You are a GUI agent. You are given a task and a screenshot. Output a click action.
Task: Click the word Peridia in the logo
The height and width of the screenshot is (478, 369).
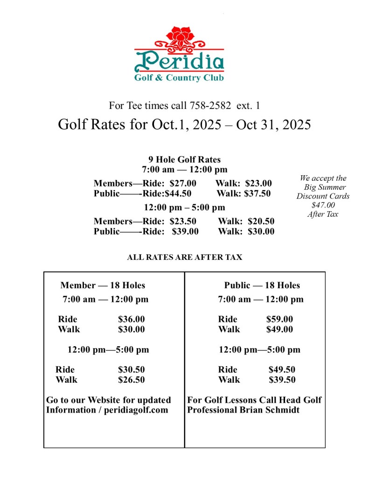tap(179, 61)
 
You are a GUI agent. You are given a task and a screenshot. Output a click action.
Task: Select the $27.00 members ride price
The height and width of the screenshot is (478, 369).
tap(183, 183)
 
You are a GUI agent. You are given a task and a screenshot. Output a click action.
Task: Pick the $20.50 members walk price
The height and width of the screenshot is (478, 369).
tap(261, 221)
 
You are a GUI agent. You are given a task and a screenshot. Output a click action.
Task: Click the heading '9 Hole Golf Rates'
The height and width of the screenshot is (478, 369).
tap(184, 159)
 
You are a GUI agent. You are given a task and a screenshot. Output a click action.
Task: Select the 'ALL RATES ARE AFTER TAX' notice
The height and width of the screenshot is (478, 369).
tap(184, 257)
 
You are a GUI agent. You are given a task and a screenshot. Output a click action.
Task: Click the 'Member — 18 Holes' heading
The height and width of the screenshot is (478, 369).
tap(103, 285)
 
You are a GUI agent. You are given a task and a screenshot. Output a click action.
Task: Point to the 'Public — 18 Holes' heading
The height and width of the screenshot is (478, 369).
tap(262, 285)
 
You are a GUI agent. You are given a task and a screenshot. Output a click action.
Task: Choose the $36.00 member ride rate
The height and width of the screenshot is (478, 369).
tap(131, 319)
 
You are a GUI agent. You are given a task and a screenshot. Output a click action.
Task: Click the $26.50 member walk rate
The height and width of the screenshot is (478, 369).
tap(131, 379)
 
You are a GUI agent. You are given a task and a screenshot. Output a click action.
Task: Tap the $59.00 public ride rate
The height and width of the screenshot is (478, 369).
tap(279, 319)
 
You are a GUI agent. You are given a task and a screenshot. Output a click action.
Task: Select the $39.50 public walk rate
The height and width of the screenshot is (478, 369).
tap(282, 379)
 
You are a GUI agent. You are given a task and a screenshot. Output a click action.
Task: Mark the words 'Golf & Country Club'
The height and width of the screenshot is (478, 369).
tap(179, 78)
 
